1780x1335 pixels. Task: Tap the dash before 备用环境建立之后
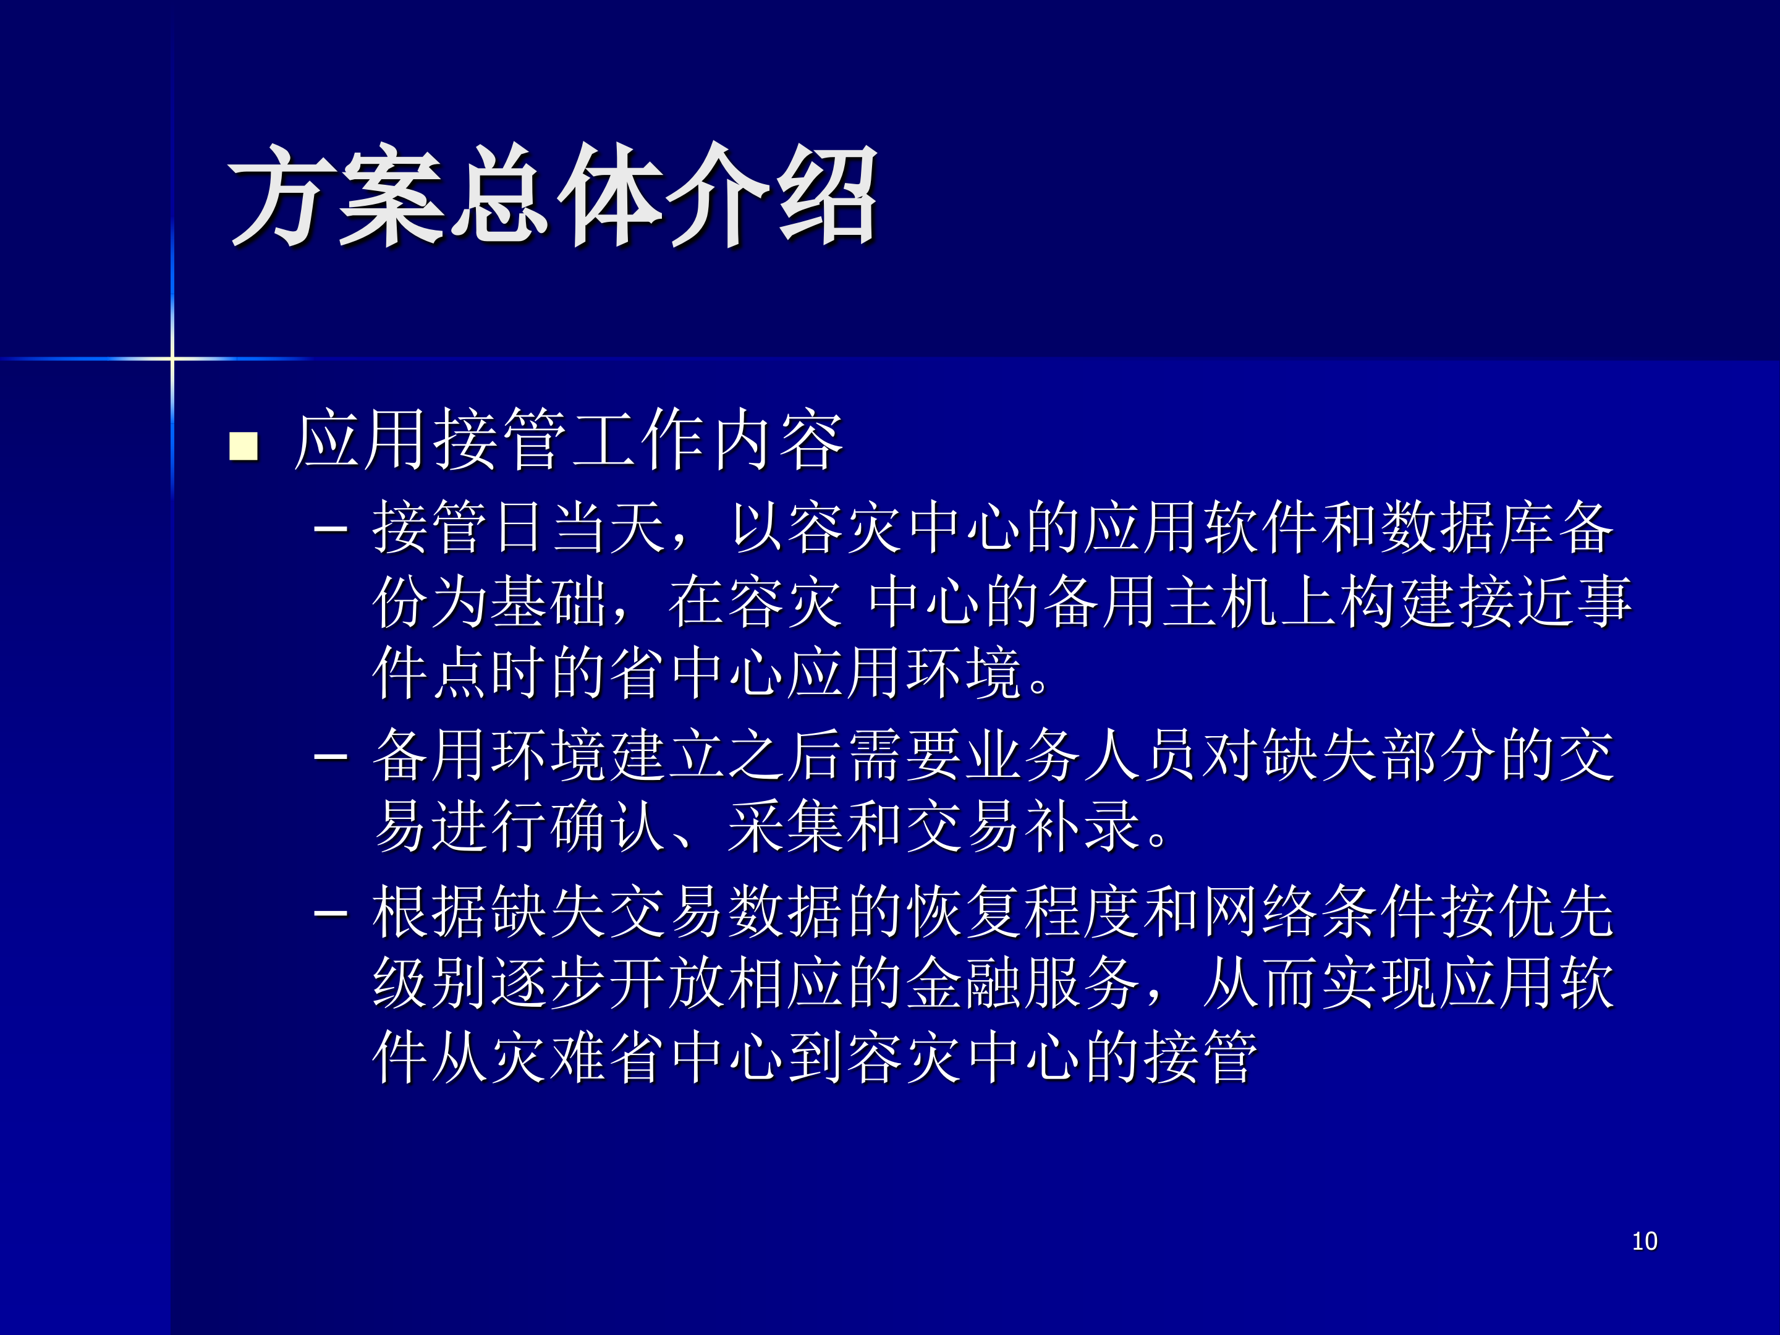pos(331,757)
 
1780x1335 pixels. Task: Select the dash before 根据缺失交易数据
pos(331,913)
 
